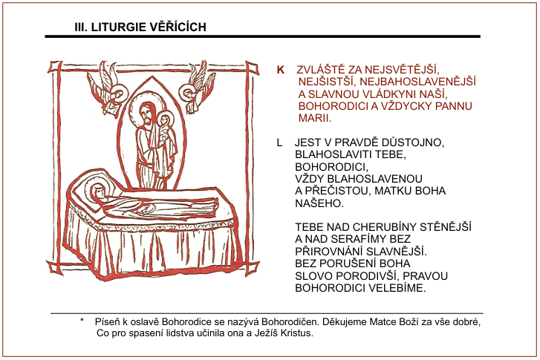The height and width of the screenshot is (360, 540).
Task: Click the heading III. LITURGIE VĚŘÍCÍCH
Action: pos(140,27)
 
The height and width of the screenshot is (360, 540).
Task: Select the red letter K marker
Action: pos(281,69)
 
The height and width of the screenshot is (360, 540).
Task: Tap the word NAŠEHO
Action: pos(320,203)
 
